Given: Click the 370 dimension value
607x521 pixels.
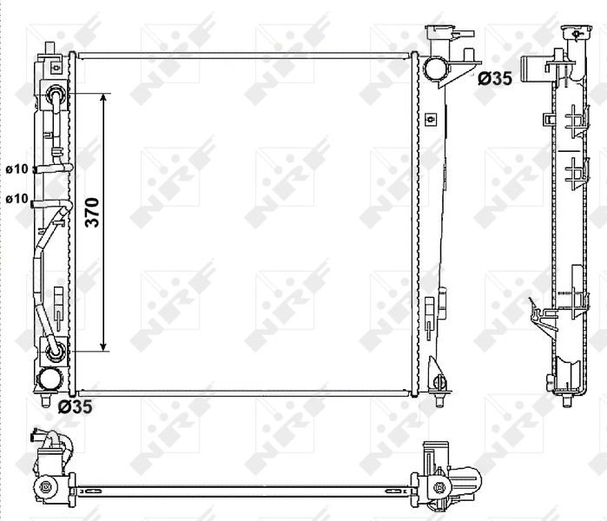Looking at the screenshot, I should pos(93,213).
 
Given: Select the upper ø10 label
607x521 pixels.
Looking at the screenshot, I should pos(16,168).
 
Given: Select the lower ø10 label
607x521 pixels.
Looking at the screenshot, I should pos(16,199).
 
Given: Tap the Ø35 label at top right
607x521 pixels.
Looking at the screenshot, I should pos(495,79).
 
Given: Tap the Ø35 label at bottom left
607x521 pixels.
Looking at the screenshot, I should pos(75,405).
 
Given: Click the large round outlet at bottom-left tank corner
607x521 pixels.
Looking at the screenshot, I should pos(51,379).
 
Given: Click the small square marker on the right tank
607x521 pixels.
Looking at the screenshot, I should pos(429,117).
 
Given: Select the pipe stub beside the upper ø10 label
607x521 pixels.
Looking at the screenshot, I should pos(36,169).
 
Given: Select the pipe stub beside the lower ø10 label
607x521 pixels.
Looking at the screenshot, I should pos(36,203).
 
